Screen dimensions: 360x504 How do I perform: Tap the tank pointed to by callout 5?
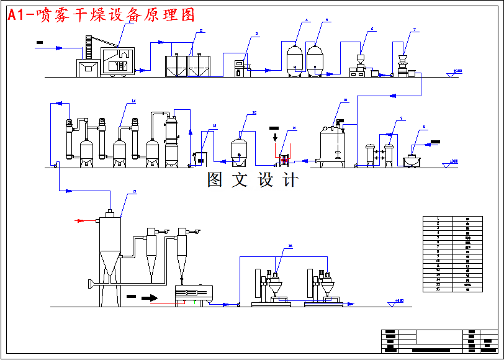tap(315, 60)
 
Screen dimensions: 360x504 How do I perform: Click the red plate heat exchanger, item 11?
tap(285, 160)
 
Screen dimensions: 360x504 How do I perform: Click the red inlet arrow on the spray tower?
tap(80, 220)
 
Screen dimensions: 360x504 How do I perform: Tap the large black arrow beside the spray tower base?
tap(149, 297)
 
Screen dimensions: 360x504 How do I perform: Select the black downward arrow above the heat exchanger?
tap(275, 136)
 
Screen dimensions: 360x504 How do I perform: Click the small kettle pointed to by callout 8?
tap(411, 161)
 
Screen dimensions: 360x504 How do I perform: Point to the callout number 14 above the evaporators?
tap(133, 101)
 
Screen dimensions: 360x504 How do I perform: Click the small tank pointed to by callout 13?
tap(200, 158)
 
